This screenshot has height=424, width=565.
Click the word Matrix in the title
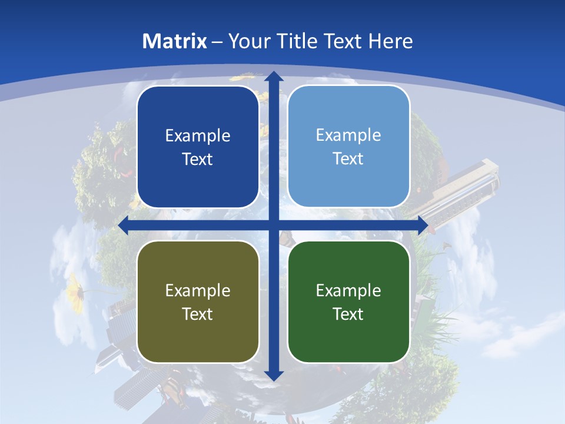tap(175, 41)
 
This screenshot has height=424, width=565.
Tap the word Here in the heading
tap(391, 41)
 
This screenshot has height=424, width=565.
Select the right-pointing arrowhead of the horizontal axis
tap(422, 226)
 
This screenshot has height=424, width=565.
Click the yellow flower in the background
tap(75, 288)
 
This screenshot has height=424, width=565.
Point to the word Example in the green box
tap(348, 290)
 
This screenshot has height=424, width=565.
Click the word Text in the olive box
tap(197, 314)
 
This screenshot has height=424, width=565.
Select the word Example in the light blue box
tap(348, 135)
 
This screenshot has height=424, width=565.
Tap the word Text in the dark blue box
tap(197, 159)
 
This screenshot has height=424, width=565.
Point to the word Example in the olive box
tap(198, 290)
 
